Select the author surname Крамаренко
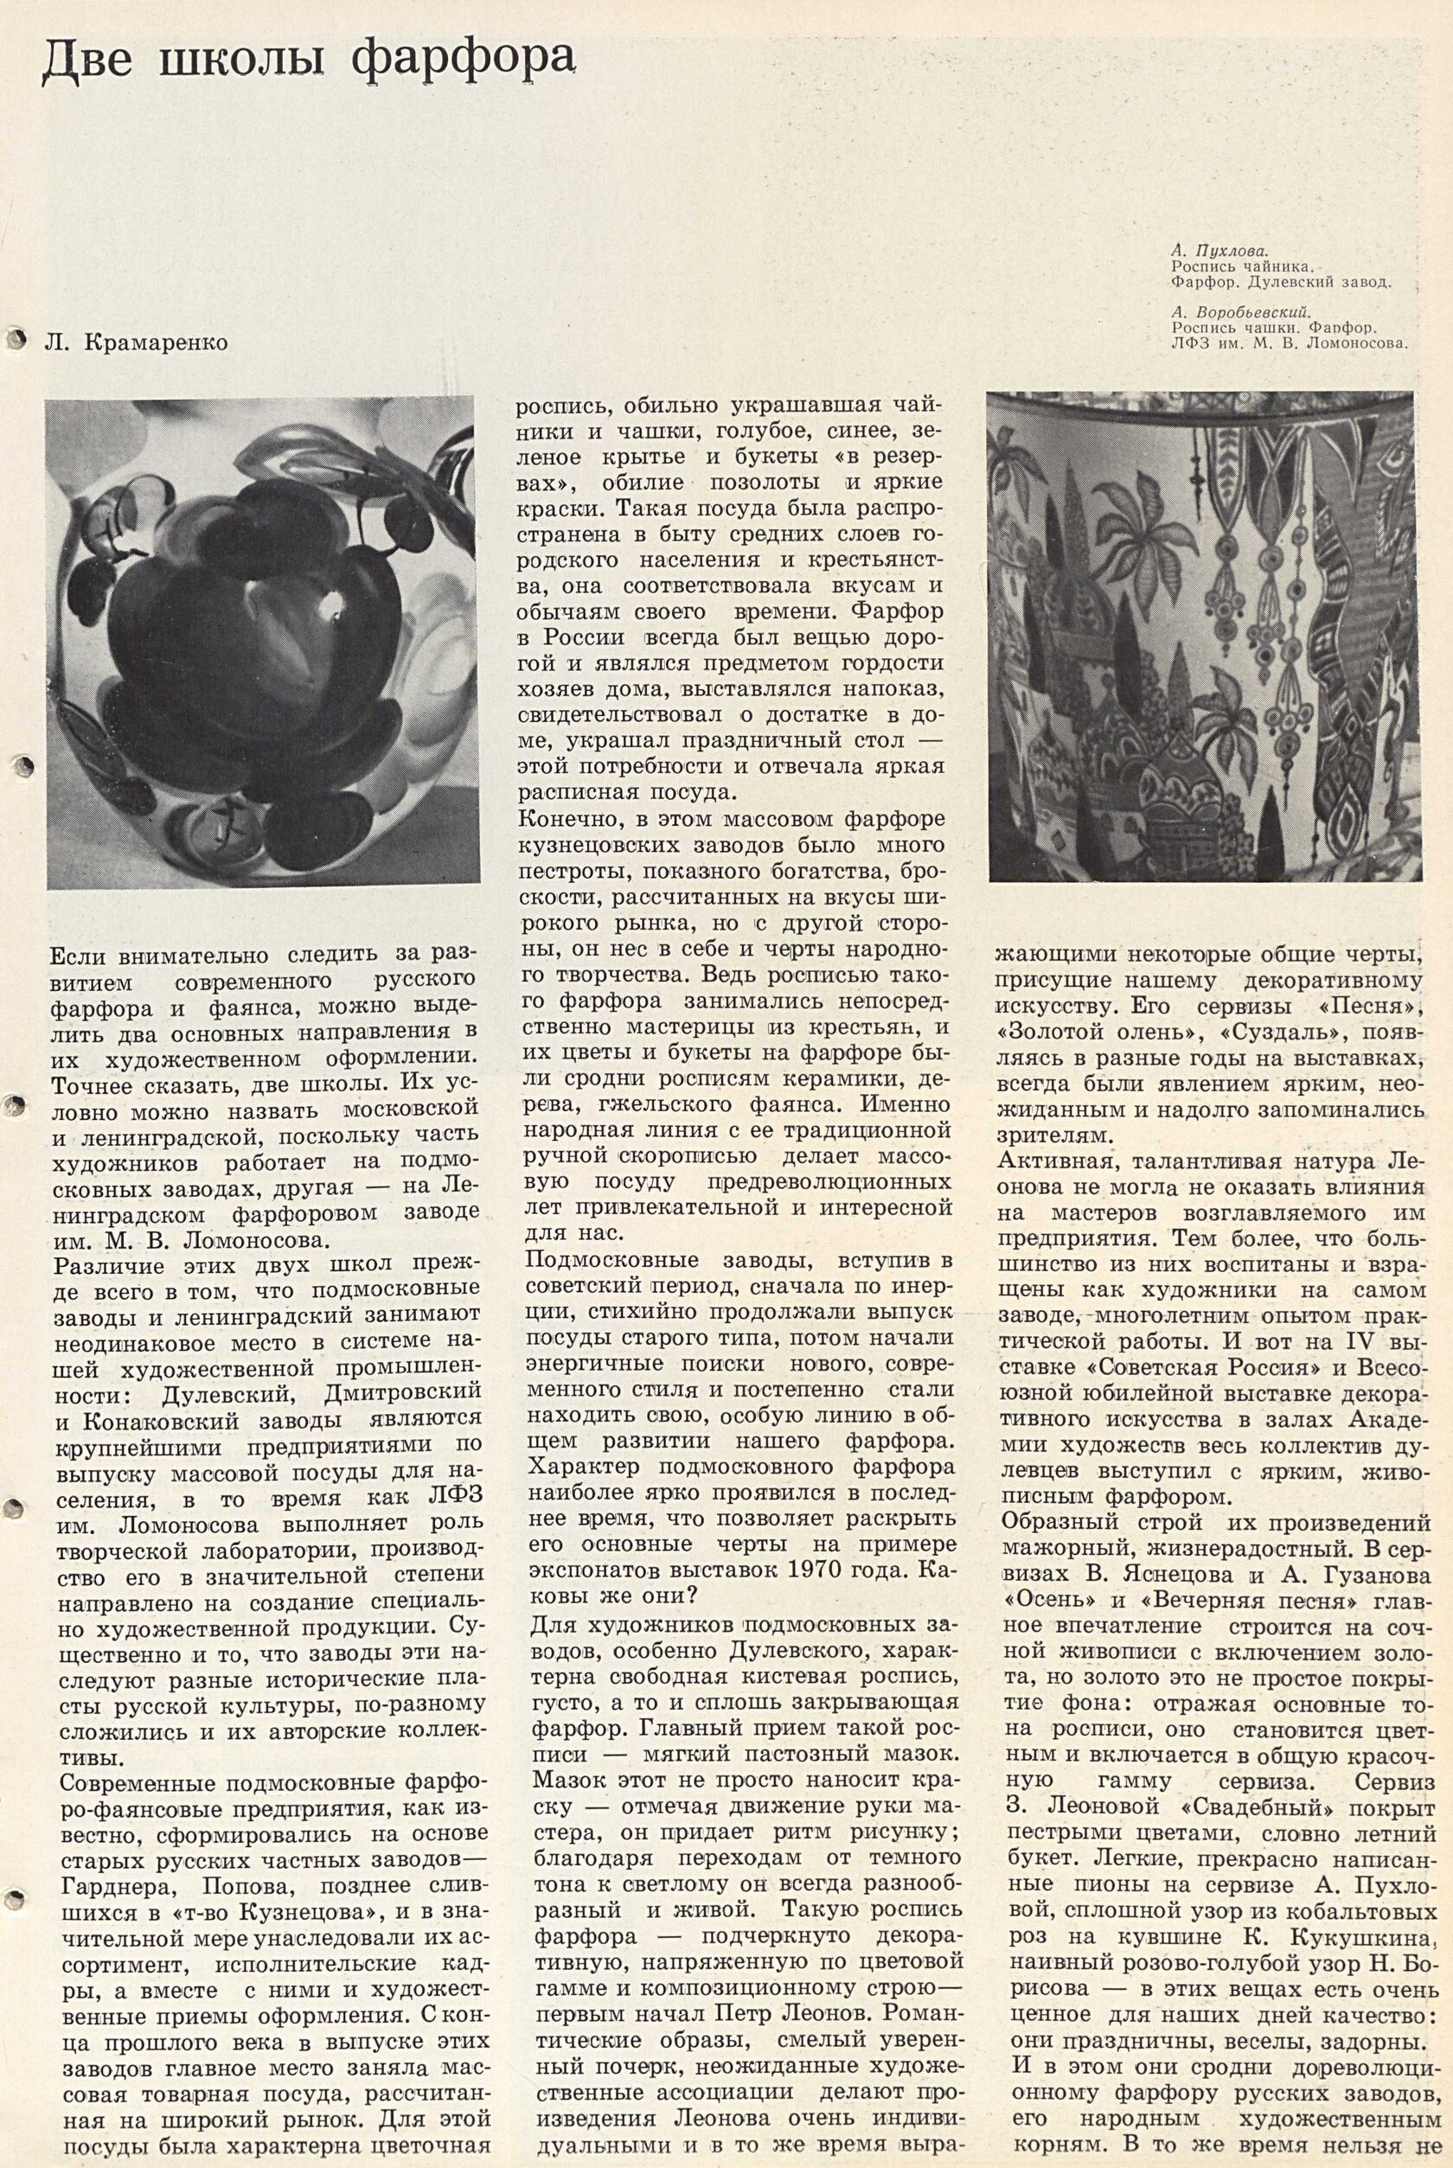(156, 343)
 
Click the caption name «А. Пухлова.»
(1219, 251)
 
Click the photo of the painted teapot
(263, 643)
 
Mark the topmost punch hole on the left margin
(16, 339)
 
